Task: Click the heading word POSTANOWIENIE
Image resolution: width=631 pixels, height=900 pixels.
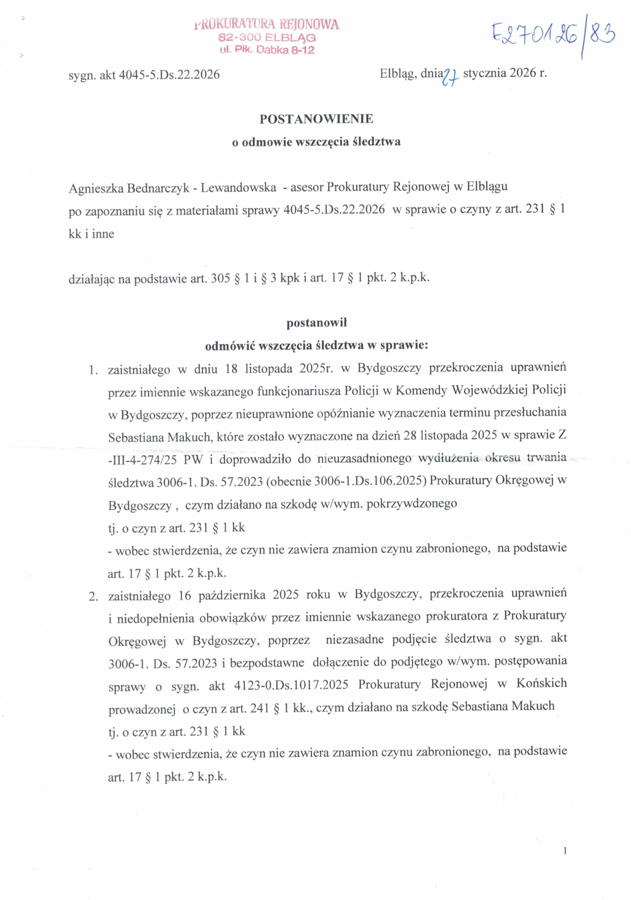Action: [316, 119]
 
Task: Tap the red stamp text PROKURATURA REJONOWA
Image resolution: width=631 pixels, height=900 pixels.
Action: [266, 25]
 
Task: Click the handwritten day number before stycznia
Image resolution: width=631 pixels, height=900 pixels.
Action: [450, 76]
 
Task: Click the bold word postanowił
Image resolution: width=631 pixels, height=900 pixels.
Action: [316, 323]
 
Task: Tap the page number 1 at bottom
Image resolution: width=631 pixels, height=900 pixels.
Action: [565, 850]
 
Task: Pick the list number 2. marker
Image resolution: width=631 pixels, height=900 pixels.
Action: [93, 596]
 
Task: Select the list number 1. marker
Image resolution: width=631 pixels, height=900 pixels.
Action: [93, 370]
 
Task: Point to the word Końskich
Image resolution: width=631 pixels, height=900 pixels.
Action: [541, 683]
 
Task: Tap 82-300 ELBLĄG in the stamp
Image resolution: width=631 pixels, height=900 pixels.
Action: [266, 38]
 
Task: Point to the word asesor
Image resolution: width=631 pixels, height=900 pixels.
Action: [306, 187]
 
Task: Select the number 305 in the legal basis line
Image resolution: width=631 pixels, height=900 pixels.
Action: [220, 278]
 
